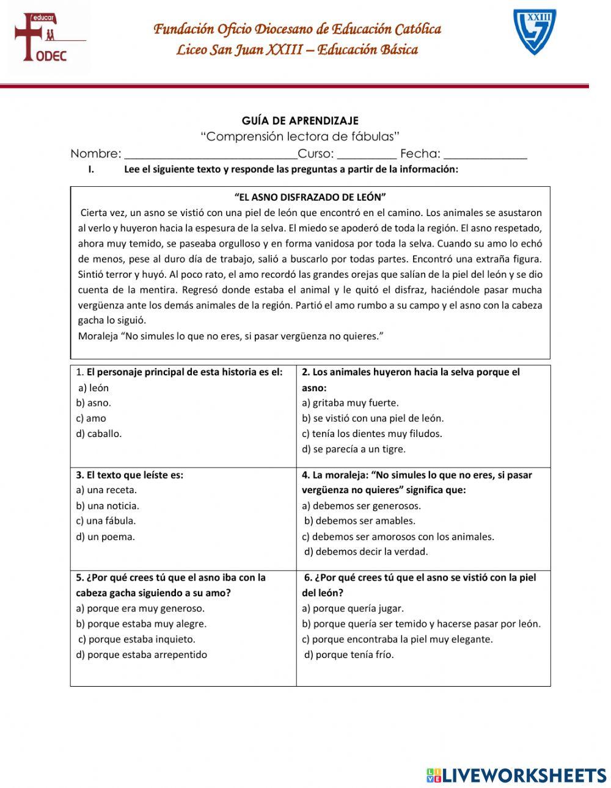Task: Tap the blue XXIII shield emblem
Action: point(535,32)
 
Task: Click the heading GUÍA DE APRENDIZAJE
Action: point(300,121)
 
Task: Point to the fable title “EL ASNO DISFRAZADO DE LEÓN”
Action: point(310,197)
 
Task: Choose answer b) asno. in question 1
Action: point(93,403)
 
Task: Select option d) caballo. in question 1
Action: point(98,434)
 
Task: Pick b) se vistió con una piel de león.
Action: point(373,419)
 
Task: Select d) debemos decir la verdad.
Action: point(367,552)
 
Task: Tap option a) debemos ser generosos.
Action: point(361,506)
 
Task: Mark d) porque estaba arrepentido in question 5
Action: point(141,655)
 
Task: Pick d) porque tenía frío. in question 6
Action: point(349,655)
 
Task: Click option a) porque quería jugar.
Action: point(353,609)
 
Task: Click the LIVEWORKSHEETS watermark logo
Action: point(516,775)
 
